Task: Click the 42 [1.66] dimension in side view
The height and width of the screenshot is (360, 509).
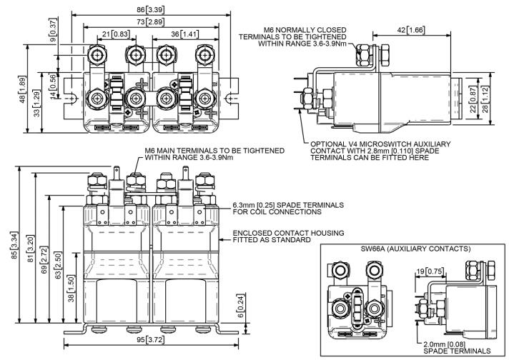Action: click(x=409, y=31)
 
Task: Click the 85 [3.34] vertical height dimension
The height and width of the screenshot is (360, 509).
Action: click(x=9, y=246)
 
